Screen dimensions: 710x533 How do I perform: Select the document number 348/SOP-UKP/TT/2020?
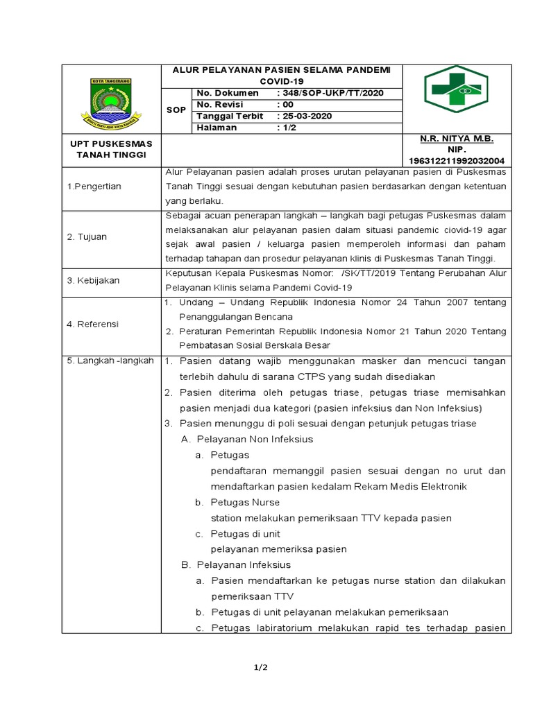tap(330, 93)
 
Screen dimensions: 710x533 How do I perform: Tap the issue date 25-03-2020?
tap(306, 116)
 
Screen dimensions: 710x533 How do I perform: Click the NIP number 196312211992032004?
tap(457, 159)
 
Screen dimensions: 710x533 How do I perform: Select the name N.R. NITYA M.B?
tap(457, 139)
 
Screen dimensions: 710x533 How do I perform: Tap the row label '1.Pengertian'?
tap(94, 187)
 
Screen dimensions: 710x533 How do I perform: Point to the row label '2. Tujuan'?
tap(87, 236)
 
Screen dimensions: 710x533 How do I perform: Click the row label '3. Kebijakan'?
tap(93, 281)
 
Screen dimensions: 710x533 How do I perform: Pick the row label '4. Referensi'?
tap(93, 324)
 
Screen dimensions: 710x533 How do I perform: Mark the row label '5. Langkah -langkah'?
tap(110, 361)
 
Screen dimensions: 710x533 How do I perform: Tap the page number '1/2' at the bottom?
tap(260, 668)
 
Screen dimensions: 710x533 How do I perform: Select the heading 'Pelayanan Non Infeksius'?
tap(255, 439)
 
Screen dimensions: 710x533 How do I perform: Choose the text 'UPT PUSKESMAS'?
tap(111, 143)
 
